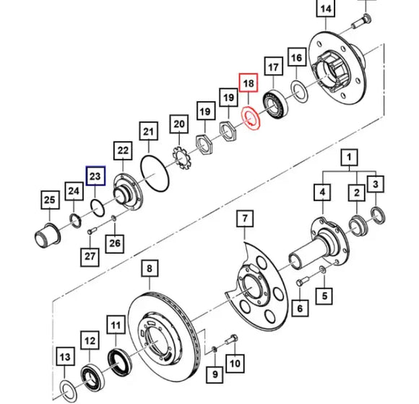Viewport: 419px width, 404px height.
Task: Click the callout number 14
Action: [x=327, y=9]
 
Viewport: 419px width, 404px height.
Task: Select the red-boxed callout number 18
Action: [x=248, y=84]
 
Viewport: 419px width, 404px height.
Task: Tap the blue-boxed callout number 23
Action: [x=96, y=176]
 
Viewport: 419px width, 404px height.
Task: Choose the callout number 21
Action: [x=149, y=132]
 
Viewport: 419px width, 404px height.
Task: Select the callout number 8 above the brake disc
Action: [x=149, y=270]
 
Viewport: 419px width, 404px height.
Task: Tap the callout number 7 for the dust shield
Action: [x=245, y=218]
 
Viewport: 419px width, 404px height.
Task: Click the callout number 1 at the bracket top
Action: [x=350, y=157]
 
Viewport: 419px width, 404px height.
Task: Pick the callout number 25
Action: [x=48, y=200]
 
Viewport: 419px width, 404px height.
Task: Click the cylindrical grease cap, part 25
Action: [x=48, y=235]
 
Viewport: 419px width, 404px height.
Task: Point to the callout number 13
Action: [x=65, y=356]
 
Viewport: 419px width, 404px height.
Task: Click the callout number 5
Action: [x=324, y=295]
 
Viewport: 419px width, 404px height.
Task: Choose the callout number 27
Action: [x=90, y=257]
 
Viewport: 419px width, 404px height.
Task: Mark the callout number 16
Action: [x=296, y=57]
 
